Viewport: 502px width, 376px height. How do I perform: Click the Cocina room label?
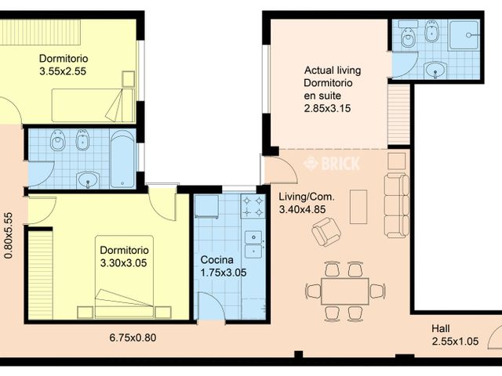[x=216, y=259]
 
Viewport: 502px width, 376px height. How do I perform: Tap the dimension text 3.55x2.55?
[x=63, y=71]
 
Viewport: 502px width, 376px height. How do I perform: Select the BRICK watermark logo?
[x=332, y=164]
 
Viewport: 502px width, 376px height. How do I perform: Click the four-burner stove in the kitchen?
[x=253, y=206]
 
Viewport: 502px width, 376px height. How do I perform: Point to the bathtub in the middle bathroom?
[x=122, y=159]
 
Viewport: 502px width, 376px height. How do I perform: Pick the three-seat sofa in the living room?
[x=397, y=205]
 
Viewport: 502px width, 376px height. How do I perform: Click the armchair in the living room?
[x=326, y=232]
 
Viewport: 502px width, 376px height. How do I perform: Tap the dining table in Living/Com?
[x=345, y=291]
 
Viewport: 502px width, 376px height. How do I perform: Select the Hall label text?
[x=441, y=329]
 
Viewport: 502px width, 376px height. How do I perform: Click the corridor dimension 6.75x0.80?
[x=133, y=338]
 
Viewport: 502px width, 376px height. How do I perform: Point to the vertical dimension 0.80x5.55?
[x=9, y=235]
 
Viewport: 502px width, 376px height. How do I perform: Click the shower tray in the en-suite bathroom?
[x=464, y=35]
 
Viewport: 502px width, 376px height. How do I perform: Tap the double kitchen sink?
[x=253, y=244]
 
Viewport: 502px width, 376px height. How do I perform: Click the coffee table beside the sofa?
[x=358, y=207]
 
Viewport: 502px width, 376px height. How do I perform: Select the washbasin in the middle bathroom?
[x=88, y=180]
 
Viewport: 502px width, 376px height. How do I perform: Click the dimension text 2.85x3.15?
[x=327, y=108]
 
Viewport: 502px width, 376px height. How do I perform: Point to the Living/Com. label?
[x=307, y=197]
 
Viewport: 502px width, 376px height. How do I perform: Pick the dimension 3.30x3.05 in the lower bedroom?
[x=124, y=263]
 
